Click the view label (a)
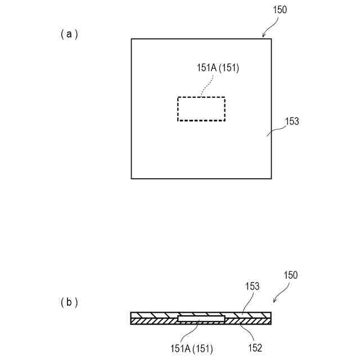point(69,34)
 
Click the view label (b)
point(69,302)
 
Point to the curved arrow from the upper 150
point(271,26)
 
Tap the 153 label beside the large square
point(292,121)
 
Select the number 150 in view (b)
point(290,275)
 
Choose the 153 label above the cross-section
point(252,286)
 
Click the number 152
point(254,348)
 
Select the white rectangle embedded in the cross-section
point(201,319)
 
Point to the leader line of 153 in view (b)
point(246,302)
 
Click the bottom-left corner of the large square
point(132,178)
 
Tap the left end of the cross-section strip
point(132,318)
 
